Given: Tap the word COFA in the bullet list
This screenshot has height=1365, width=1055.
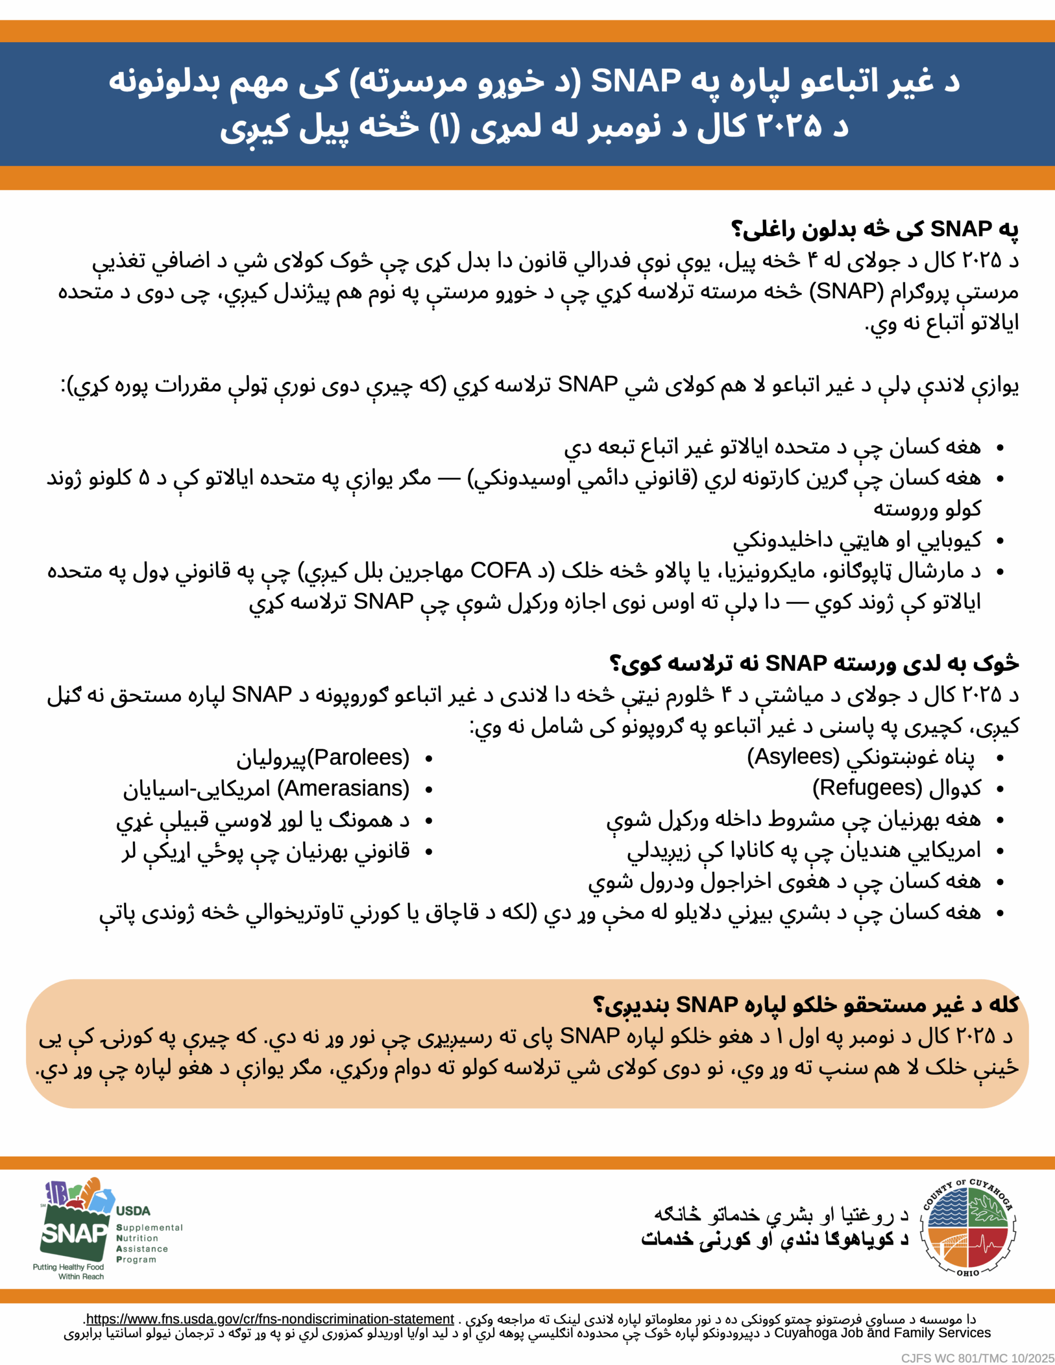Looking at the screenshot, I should [500, 570].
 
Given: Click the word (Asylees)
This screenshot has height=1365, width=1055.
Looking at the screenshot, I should [793, 757].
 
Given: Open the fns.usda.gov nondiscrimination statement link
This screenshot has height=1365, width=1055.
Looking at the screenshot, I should [269, 1319].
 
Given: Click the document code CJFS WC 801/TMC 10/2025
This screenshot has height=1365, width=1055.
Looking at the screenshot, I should [977, 1358].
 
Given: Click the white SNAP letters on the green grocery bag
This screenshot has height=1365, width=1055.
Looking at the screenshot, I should [74, 1234].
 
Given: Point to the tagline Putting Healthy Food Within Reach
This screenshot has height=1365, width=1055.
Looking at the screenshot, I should [69, 1272].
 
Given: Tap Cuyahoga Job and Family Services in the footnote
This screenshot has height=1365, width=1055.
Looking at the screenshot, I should [882, 1332].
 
